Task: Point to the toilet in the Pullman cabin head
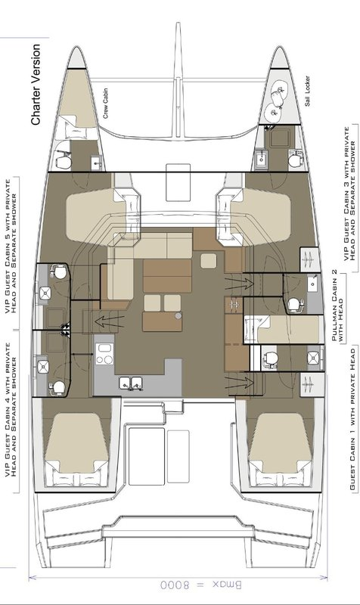pyautogui.click(x=294, y=303)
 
